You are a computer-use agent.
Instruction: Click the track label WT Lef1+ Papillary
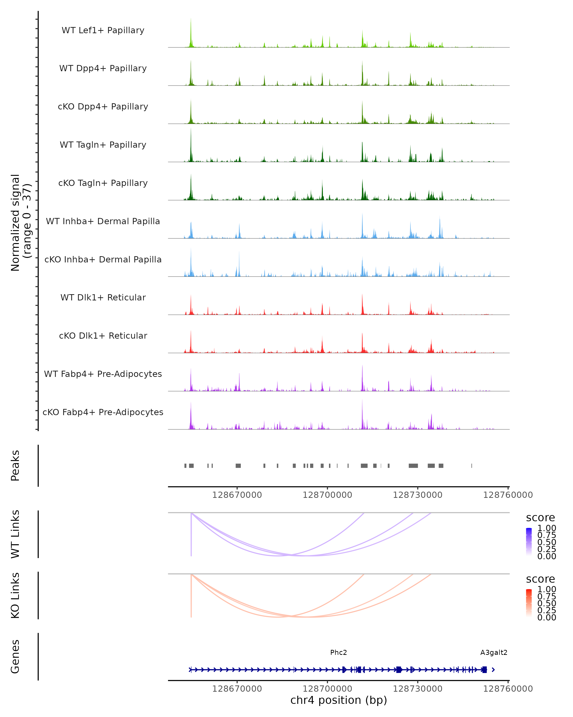(x=103, y=30)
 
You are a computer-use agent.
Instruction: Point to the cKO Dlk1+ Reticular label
(x=103, y=336)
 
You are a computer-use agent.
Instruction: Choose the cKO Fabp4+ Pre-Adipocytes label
(x=103, y=412)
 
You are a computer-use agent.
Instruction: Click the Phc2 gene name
(x=339, y=652)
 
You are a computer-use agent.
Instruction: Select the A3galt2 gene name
(x=493, y=652)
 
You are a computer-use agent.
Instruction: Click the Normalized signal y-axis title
(x=21, y=223)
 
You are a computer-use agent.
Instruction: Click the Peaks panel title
(x=15, y=466)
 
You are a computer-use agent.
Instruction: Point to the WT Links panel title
(x=15, y=534)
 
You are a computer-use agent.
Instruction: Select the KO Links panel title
(x=15, y=595)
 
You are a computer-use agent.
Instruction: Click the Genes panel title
(x=15, y=657)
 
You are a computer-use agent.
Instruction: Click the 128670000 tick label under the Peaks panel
(x=237, y=495)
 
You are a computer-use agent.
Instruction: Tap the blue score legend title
(x=541, y=518)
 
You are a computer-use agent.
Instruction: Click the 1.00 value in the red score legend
(x=547, y=589)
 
